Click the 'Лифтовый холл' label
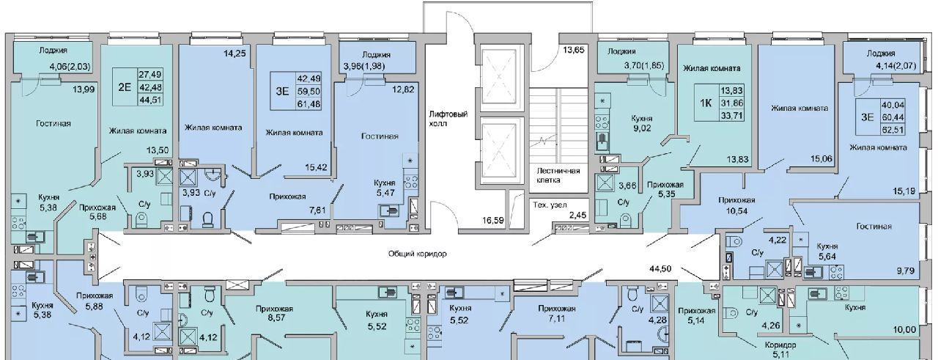coord(448,119)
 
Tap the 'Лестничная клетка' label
coord(558,175)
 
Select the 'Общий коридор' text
coord(417,254)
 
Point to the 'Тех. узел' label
coord(550,205)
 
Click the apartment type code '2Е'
coord(124,87)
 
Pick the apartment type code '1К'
coord(706,103)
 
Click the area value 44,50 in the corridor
coord(661,268)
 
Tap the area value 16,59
coord(493,220)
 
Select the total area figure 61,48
coord(309,103)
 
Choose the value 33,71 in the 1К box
coord(732,114)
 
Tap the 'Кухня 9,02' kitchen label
coord(642,123)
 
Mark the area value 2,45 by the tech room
coord(577,215)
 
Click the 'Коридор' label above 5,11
coord(780,345)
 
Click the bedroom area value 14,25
coord(234,53)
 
